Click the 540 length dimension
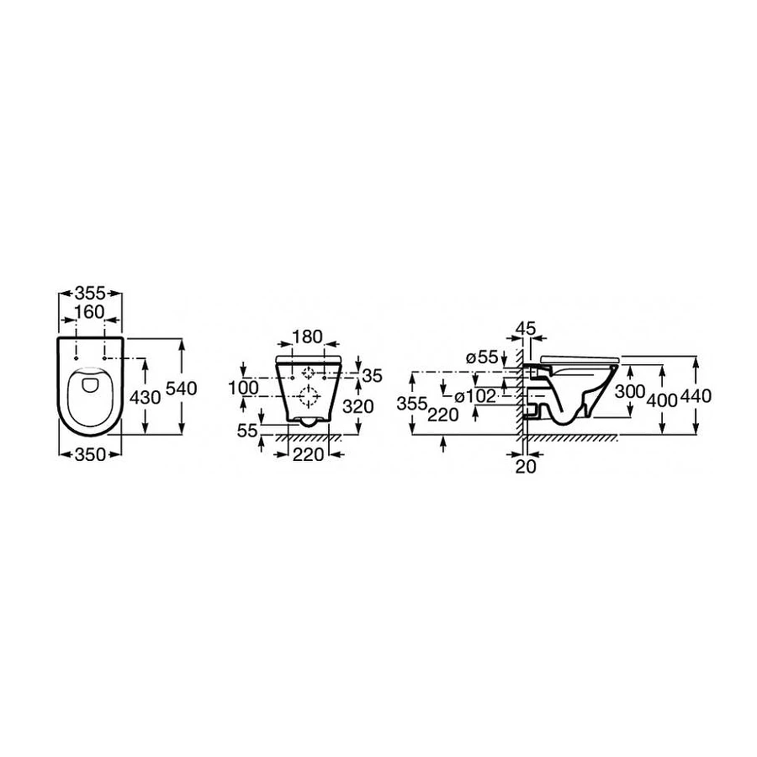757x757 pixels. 181,389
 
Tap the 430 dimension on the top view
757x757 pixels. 146,397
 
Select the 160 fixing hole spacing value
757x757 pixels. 90,312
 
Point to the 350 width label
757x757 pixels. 90,454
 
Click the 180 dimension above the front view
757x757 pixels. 308,336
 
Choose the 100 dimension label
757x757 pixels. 243,387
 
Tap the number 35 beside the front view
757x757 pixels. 373,376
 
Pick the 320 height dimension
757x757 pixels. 358,406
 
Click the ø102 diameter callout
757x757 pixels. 476,396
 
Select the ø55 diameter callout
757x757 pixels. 482,357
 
